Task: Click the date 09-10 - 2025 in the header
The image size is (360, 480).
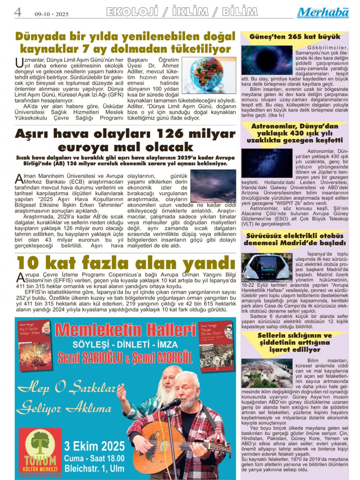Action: (51, 14)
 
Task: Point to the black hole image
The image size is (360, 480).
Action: (267, 60)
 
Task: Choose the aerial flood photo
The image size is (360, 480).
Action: (267, 373)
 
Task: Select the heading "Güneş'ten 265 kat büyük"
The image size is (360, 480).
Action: (295, 37)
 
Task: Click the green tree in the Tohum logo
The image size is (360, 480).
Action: (40, 443)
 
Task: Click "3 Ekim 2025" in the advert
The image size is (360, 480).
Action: (95, 446)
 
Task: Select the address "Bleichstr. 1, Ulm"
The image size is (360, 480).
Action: (95, 468)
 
